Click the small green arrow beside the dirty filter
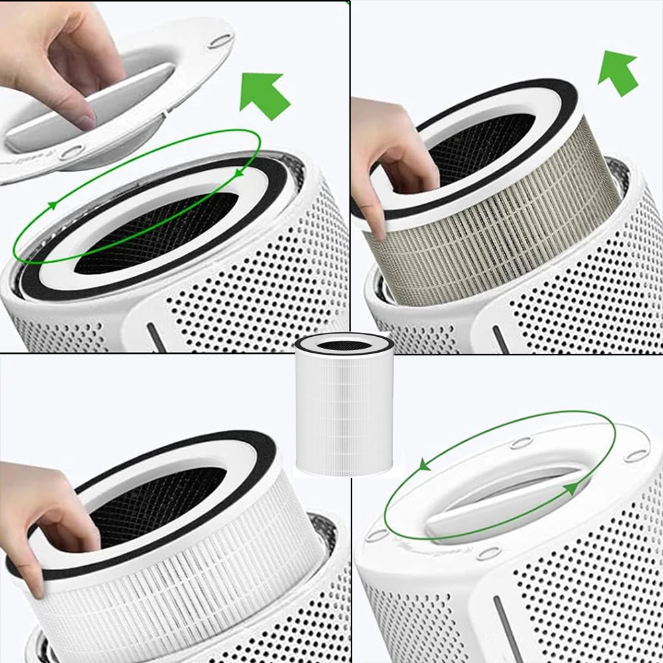click(618, 72)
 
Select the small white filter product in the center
click(344, 404)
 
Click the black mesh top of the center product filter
click(344, 344)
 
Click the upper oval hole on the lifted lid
click(219, 41)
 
